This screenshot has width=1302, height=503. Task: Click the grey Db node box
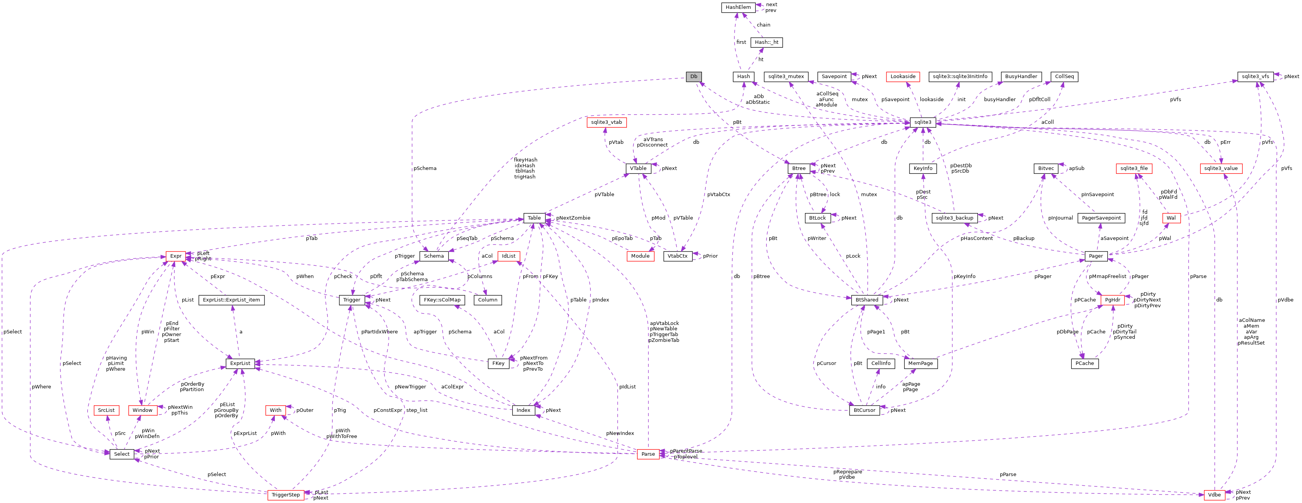click(693, 77)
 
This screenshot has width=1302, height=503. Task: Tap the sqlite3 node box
click(923, 122)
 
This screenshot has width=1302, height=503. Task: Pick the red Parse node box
click(648, 454)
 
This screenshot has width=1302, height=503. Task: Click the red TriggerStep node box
click(286, 495)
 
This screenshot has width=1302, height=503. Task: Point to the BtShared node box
click(867, 300)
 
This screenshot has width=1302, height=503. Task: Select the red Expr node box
click(175, 256)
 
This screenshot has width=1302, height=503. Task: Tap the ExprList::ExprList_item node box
click(231, 300)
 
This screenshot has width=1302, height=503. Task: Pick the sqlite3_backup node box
click(954, 218)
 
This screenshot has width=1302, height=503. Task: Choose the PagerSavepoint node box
click(1101, 218)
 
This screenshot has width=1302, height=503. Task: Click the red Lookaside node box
click(903, 77)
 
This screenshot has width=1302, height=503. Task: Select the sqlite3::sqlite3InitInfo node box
click(960, 77)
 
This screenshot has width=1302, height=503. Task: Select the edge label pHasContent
click(976, 238)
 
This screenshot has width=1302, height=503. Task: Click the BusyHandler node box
click(1021, 77)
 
